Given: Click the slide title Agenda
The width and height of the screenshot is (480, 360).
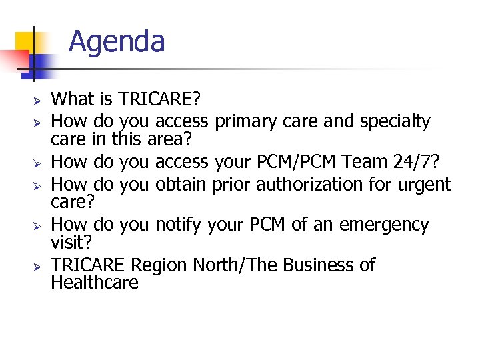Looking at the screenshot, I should pos(117,41).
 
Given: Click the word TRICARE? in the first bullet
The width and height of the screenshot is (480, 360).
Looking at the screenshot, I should pos(159,100).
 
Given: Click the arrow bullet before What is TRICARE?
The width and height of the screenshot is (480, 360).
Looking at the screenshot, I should pos(39,101).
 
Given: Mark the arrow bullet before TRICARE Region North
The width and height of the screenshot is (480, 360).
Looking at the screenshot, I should pos(39,266).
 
